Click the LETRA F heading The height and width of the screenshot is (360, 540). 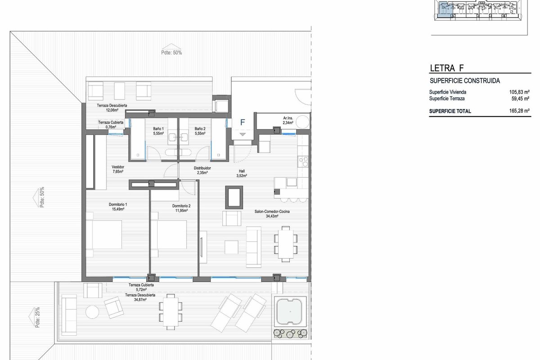(447, 68)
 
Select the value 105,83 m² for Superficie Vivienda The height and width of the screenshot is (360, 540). (519, 92)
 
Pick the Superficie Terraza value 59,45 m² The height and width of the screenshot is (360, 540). (520, 99)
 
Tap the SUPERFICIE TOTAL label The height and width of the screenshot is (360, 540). (450, 111)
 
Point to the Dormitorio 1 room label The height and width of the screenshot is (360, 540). (118, 207)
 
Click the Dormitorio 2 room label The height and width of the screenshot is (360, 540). (181, 208)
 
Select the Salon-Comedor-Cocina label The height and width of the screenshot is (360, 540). (272, 214)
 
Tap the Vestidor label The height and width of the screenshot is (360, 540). (118, 169)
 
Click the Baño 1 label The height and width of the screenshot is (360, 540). (158, 131)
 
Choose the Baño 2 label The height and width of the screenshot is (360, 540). (200, 131)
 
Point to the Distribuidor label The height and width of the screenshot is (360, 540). (202, 171)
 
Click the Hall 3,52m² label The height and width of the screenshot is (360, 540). (242, 173)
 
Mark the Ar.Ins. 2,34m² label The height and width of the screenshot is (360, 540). (288, 120)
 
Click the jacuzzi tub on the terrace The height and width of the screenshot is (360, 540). (289, 311)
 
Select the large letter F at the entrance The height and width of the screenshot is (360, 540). (243, 122)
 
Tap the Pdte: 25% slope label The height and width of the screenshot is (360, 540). (37, 317)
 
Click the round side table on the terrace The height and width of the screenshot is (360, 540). (92, 312)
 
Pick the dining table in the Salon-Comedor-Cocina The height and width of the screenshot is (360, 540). (286, 244)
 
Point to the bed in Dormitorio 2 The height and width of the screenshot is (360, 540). (169, 234)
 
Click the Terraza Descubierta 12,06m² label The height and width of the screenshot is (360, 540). (112, 108)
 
